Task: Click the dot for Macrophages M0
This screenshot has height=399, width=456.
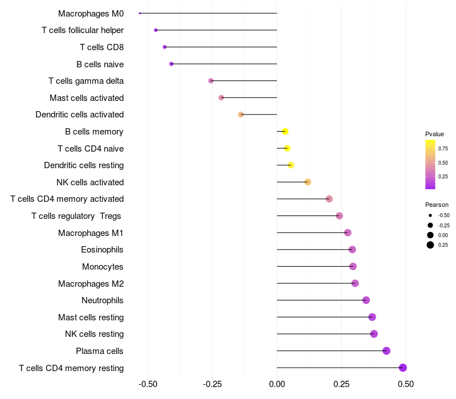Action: [x=140, y=13]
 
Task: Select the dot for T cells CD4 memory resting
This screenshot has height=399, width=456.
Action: [x=403, y=368]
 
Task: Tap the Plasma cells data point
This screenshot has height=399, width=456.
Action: [x=386, y=351]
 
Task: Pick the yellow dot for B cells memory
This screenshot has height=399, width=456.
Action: [x=285, y=132]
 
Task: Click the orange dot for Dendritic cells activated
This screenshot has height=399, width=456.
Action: [x=241, y=115]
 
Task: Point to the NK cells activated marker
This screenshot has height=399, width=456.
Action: [x=308, y=182]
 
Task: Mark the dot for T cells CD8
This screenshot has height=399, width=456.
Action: [x=165, y=47]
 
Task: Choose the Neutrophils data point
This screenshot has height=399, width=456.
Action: [x=366, y=300]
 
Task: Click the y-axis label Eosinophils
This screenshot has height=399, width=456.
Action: [x=103, y=250]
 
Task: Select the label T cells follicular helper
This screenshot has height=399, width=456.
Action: [x=83, y=30]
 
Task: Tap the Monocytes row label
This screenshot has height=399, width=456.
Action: [x=103, y=267]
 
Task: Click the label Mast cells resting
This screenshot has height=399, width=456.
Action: [x=91, y=317]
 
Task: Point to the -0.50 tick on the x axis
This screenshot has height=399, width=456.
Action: [x=148, y=385]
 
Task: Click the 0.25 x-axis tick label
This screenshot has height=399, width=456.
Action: [x=341, y=385]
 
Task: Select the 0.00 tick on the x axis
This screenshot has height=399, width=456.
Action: [x=277, y=385]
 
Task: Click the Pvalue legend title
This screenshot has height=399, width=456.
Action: [x=434, y=134]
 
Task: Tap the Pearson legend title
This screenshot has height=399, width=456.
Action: [x=437, y=205]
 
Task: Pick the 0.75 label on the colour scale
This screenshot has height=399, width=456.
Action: [x=443, y=148]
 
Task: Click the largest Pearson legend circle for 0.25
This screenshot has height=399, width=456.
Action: [x=430, y=245]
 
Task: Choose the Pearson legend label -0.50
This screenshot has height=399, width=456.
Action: [x=443, y=215]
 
